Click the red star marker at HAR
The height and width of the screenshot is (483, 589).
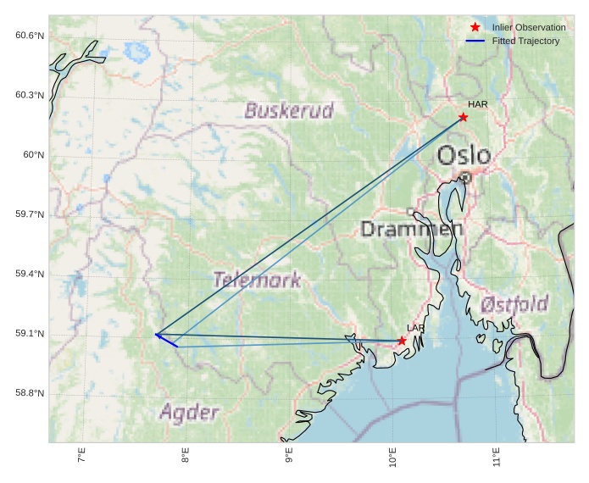pos(463,117)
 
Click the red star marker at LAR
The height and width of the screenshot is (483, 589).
pos(402,341)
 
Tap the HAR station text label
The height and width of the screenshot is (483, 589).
pos(478,104)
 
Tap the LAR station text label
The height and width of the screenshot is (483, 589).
pos(415,328)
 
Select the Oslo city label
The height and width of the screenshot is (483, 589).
pos(464,156)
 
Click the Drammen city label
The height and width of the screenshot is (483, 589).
pos(412,229)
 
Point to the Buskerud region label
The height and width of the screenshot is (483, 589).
pos(289,110)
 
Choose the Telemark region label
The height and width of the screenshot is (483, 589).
pos(257,280)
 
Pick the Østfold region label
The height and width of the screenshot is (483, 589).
pos(514,304)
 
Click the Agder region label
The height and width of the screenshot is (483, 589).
pos(189,413)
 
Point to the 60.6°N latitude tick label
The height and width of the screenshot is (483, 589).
pos(29,35)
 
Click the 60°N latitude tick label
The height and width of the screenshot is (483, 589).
pos(32,154)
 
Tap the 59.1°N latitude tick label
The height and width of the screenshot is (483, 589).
pos(29,333)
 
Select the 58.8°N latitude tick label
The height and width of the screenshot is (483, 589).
pos(29,393)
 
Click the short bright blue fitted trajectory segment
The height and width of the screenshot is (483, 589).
pos(166,341)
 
